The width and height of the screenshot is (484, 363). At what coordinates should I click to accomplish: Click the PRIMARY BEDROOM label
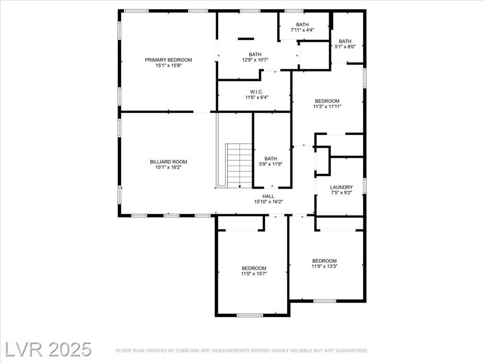(168, 60)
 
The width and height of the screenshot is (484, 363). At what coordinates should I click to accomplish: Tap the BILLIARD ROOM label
(168, 162)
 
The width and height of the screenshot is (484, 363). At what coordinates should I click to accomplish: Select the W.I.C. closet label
(257, 92)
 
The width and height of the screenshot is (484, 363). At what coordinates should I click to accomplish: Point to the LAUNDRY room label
(341, 187)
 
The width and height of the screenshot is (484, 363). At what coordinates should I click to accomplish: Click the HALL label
(268, 196)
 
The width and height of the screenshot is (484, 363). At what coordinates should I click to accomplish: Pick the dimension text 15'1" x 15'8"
(168, 65)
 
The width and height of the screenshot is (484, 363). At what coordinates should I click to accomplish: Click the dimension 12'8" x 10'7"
(255, 60)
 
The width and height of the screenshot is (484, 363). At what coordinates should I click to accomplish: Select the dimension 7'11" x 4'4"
(302, 30)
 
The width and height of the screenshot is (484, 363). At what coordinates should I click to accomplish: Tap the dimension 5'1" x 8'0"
(345, 47)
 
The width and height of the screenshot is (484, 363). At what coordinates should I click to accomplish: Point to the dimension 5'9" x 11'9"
(271, 164)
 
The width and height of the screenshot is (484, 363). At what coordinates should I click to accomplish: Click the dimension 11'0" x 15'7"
(254, 274)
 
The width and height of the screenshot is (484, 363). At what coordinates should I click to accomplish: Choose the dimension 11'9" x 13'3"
(324, 266)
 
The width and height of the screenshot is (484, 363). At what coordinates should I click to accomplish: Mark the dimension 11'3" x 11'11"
(327, 106)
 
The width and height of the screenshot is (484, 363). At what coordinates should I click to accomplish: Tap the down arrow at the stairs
(240, 186)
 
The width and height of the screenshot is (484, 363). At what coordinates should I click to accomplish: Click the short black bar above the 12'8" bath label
(246, 39)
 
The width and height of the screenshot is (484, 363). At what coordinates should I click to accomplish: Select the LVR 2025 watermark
(46, 349)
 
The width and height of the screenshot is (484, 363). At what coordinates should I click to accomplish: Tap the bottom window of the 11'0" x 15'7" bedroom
(250, 315)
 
